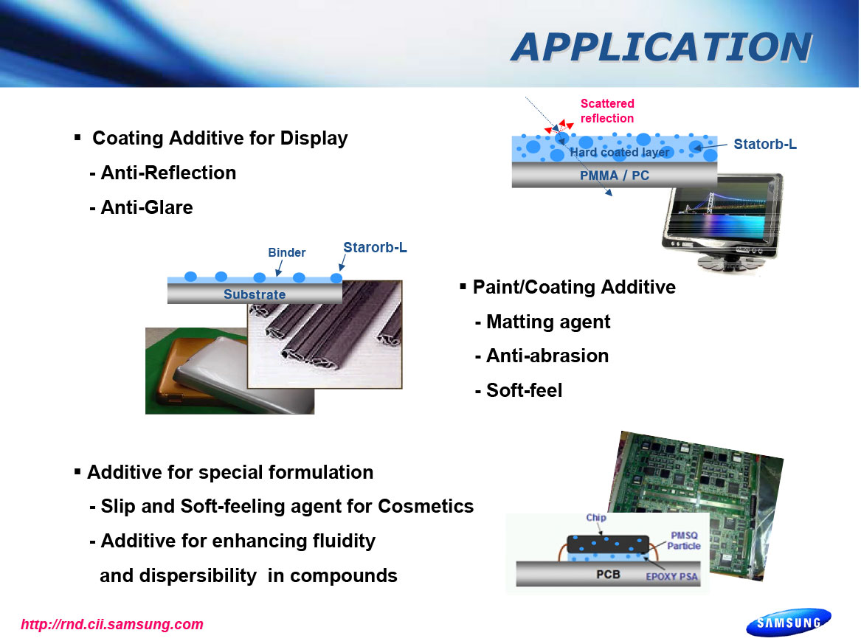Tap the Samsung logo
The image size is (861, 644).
pyautogui.click(x=789, y=622)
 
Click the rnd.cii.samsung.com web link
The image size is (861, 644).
pyautogui.click(x=112, y=624)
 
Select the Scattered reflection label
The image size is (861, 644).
pyautogui.click(x=606, y=111)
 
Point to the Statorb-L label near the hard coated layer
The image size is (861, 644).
pyautogui.click(x=765, y=145)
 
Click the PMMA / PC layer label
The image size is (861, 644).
pyautogui.click(x=615, y=176)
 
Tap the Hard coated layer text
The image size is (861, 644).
pyautogui.click(x=620, y=153)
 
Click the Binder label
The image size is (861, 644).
pyautogui.click(x=287, y=252)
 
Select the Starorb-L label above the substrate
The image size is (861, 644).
pyautogui.click(x=375, y=248)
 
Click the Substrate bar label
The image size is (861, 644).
pyautogui.click(x=255, y=295)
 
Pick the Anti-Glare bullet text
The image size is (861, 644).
pyautogui.click(x=142, y=207)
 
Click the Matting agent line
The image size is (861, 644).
pyautogui.click(x=542, y=322)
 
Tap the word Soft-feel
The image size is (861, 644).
pyautogui.click(x=525, y=390)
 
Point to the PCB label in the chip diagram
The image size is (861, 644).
pyautogui.click(x=608, y=574)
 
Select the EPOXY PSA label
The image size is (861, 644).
pyautogui.click(x=671, y=577)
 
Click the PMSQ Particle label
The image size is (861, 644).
pyautogui.click(x=684, y=541)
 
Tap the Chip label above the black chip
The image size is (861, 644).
pyautogui.click(x=596, y=518)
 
